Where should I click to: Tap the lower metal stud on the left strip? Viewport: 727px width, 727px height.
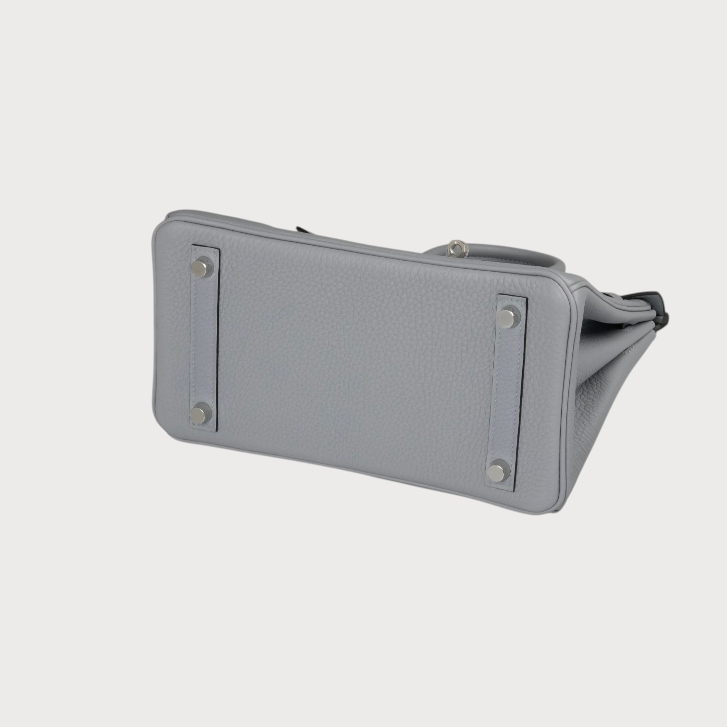click(200, 414)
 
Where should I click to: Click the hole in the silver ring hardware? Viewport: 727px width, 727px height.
click(462, 248)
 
